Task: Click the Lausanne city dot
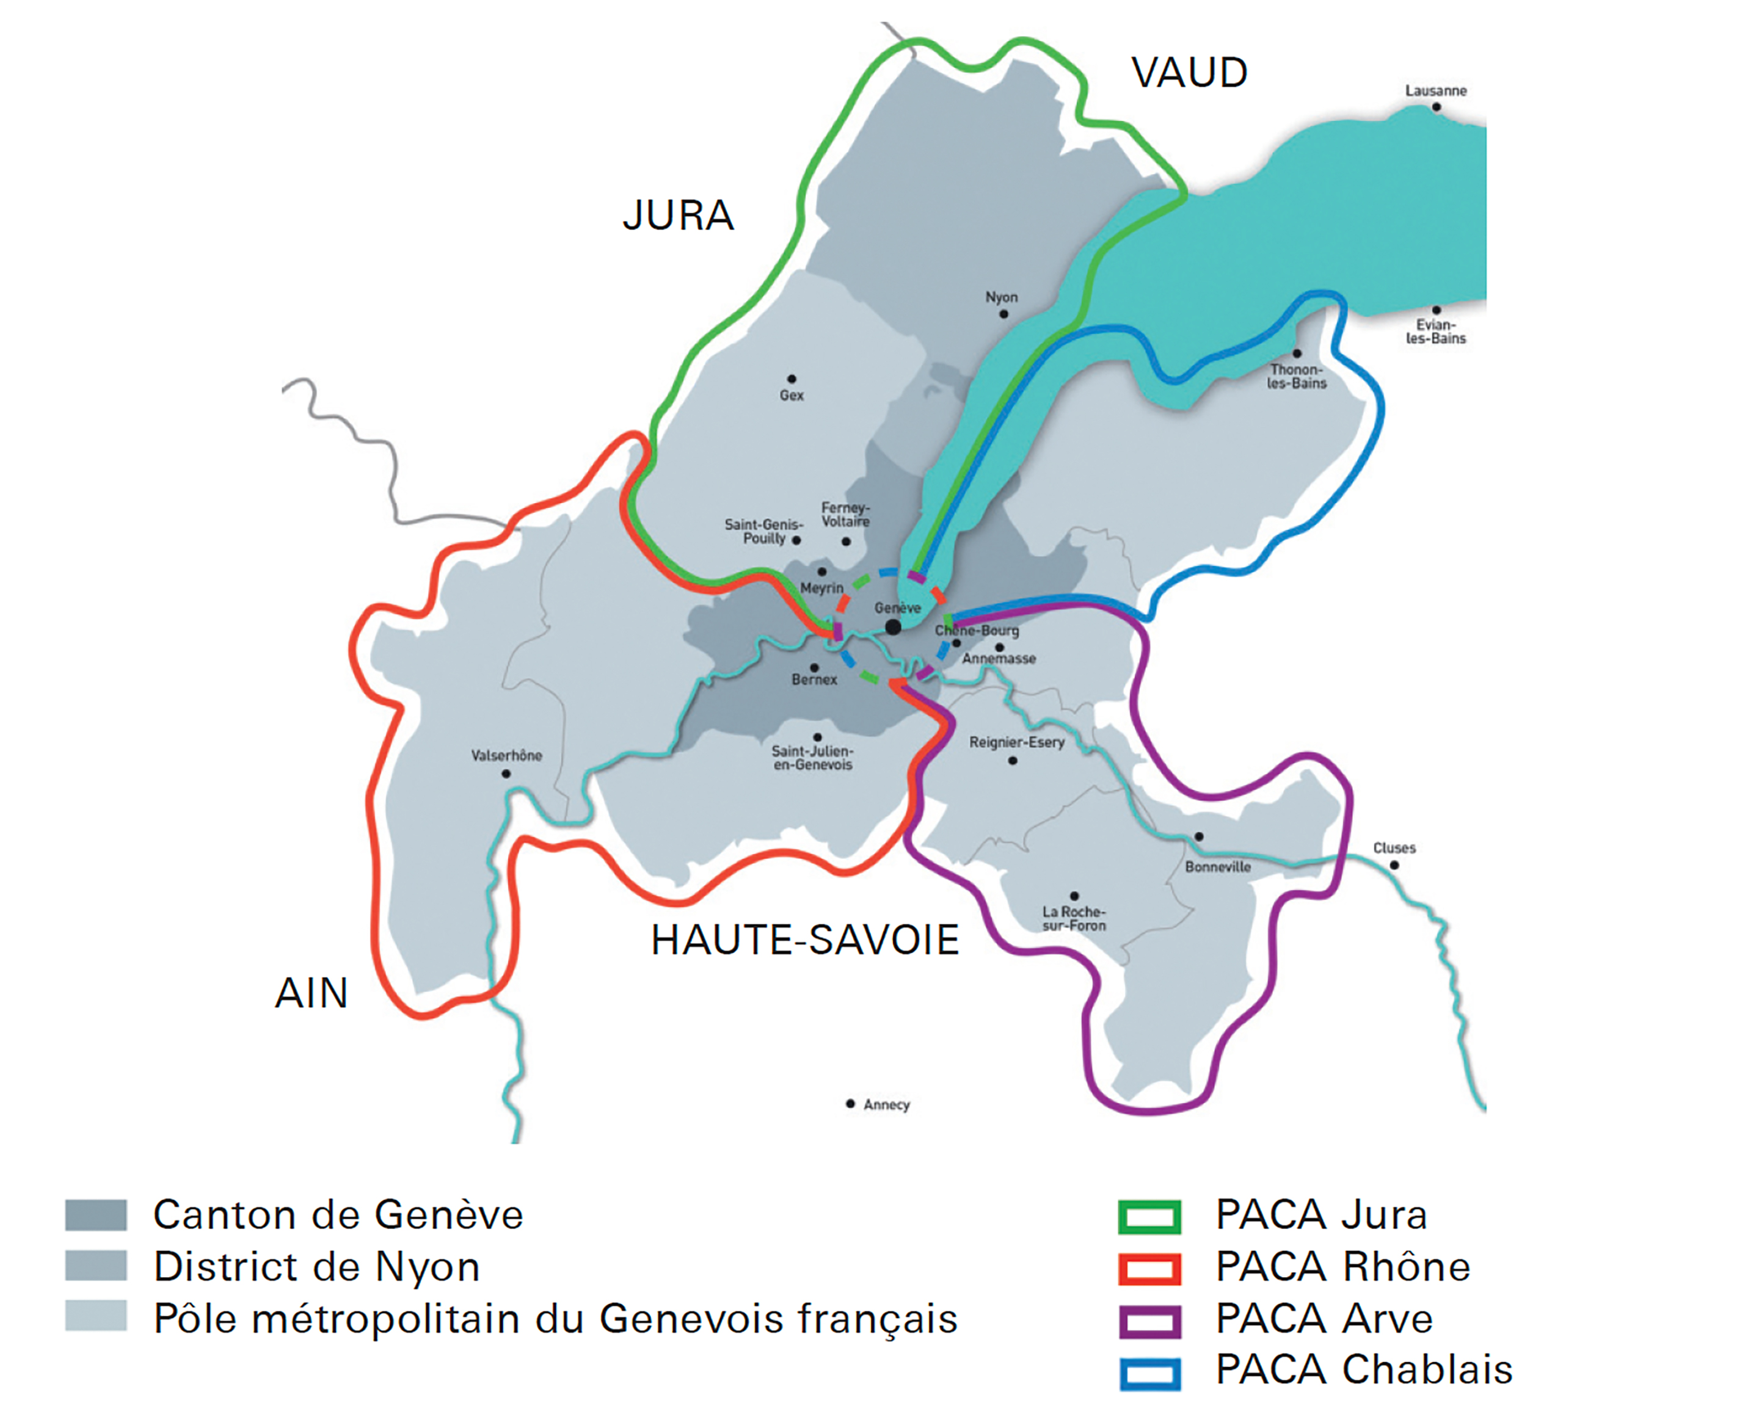click(x=1436, y=107)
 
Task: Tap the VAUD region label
click(x=1190, y=73)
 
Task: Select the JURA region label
click(x=678, y=216)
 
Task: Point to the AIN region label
click(x=311, y=993)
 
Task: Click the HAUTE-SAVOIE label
click(x=804, y=940)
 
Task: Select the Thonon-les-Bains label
click(x=1297, y=376)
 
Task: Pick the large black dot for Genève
click(x=894, y=626)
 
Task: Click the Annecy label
click(x=886, y=1104)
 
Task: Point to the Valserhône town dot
click(x=506, y=774)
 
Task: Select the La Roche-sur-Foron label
click(x=1074, y=918)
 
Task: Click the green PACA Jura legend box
click(x=1149, y=1216)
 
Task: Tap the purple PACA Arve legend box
click(x=1149, y=1321)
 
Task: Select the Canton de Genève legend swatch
click(x=97, y=1214)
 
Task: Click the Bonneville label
click(x=1217, y=867)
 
